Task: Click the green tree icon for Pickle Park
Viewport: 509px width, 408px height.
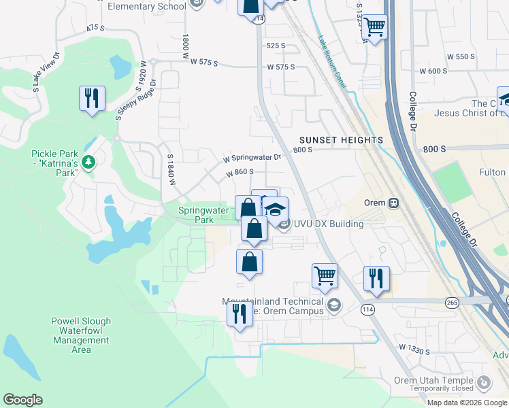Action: click(88, 162)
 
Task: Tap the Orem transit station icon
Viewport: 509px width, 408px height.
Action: click(393, 203)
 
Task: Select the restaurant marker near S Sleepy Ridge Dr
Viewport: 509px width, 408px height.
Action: click(91, 99)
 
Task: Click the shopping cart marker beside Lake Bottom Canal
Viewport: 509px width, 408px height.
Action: click(375, 28)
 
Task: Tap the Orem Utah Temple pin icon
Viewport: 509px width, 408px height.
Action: click(483, 384)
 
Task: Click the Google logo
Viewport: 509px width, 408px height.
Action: click(22, 400)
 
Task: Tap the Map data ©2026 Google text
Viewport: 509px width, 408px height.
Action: click(467, 402)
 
